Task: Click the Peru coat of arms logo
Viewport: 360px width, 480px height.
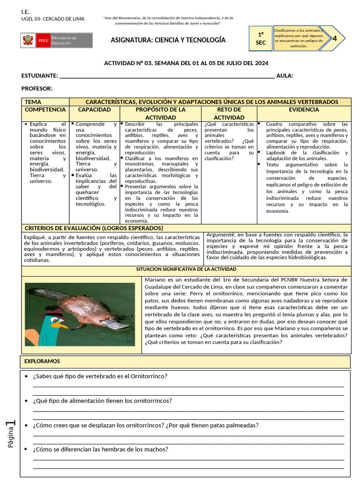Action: click(x=28, y=40)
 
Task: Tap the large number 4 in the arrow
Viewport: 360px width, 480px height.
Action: click(x=334, y=38)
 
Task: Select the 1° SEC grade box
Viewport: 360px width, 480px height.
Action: click(x=261, y=38)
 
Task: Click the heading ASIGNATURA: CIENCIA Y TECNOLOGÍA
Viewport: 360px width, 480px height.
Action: click(x=168, y=40)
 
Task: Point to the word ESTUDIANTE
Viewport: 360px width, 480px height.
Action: click(x=40, y=76)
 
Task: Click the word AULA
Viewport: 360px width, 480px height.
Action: click(x=285, y=76)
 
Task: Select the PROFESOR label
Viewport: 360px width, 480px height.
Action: click(x=37, y=89)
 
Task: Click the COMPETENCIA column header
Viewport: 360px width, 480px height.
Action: click(x=45, y=110)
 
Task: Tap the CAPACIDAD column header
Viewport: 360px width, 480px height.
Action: click(x=94, y=110)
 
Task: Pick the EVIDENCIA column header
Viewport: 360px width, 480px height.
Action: click(x=304, y=110)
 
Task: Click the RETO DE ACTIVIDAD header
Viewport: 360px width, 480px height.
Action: click(x=229, y=113)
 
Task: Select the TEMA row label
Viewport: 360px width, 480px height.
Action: click(x=33, y=102)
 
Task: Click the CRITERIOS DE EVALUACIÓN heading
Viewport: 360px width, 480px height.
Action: click(x=94, y=228)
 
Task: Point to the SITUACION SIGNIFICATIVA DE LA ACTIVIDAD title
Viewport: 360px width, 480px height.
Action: click(x=186, y=270)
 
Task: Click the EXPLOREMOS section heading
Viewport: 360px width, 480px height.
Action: click(x=42, y=361)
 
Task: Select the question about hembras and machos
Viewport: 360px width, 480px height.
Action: click(x=100, y=449)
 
